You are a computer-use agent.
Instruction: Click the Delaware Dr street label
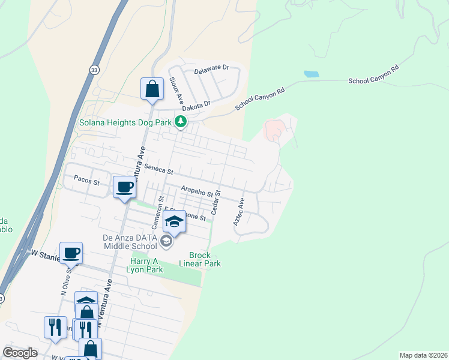[x=212, y=70]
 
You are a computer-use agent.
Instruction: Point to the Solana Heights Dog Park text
[x=125, y=122]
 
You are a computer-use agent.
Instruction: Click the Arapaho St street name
[x=197, y=190]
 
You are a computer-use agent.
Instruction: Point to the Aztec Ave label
[x=240, y=212]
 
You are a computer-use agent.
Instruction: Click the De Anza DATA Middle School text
[x=130, y=241]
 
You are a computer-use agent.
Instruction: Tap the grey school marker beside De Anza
[x=166, y=242]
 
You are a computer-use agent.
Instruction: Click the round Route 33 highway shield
[x=94, y=70]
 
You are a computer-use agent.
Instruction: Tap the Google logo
[x=20, y=352]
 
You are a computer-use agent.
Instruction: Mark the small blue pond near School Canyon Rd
[x=311, y=74]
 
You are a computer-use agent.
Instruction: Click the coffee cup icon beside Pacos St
[x=125, y=187]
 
